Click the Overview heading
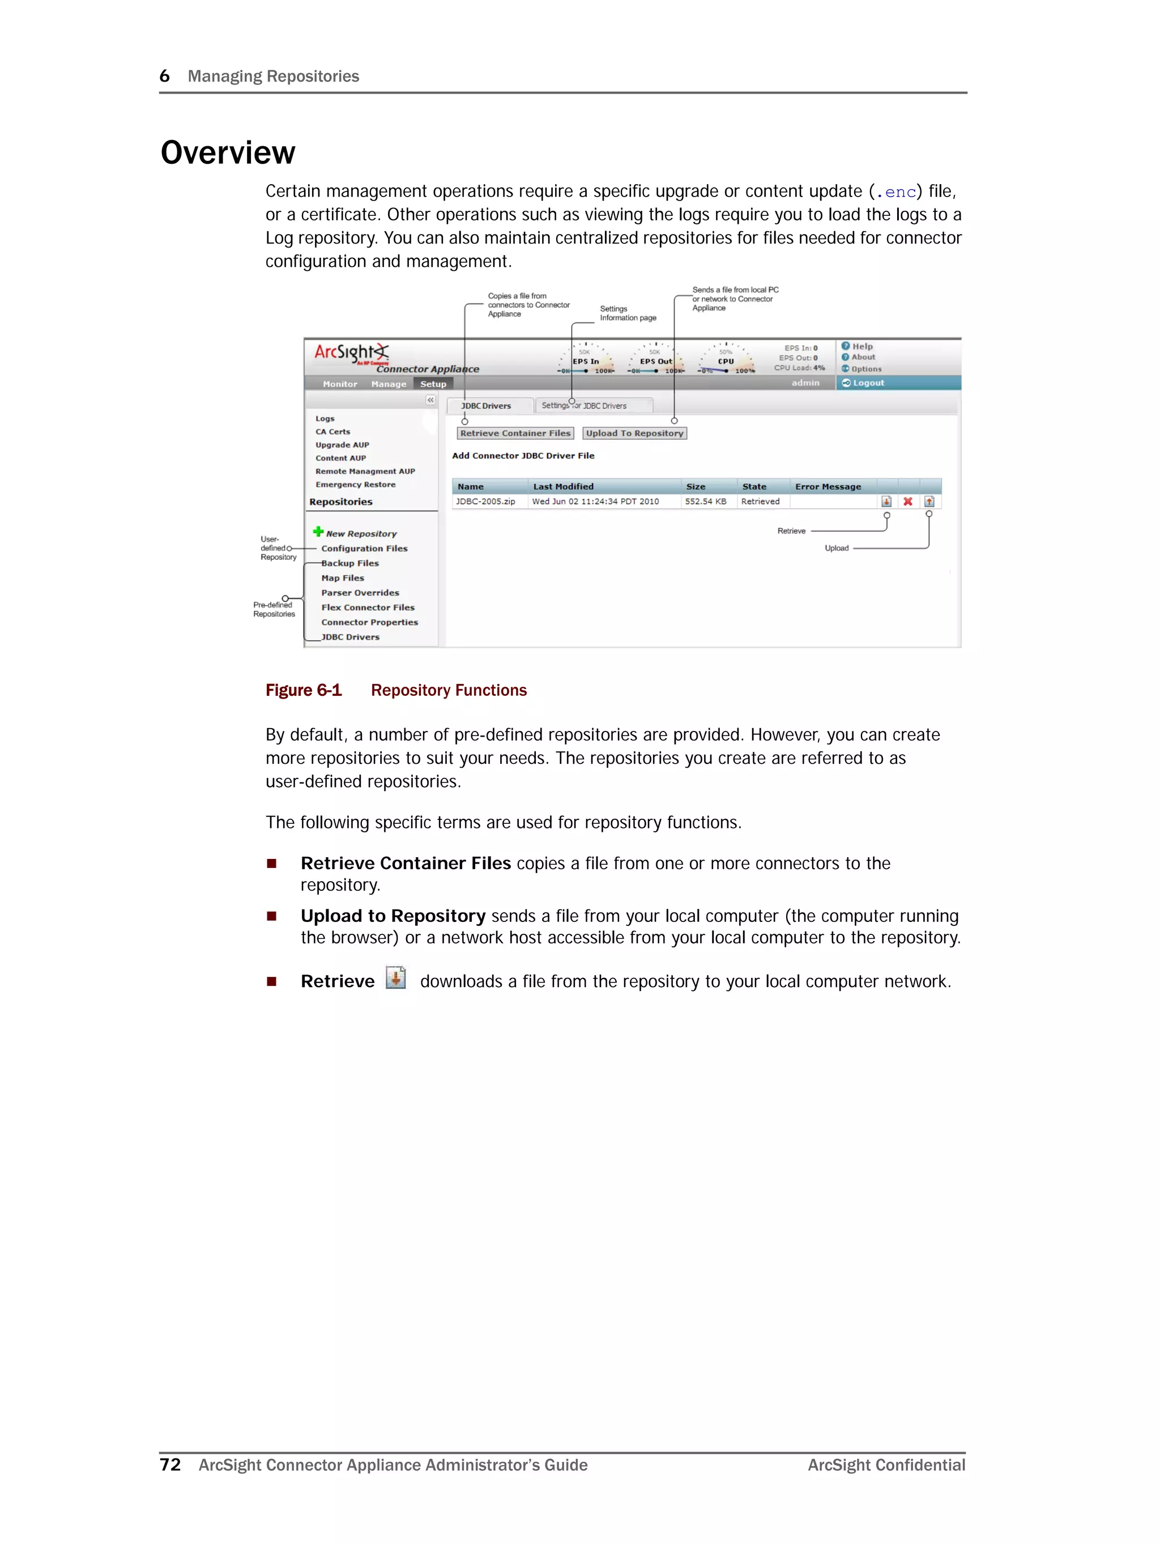[228, 153]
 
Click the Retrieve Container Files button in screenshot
[515, 433]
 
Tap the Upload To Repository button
[634, 433]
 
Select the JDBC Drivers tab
[487, 406]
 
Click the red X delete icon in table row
[907, 502]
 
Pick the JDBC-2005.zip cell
[486, 502]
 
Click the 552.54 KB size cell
[706, 502]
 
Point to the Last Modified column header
[563, 487]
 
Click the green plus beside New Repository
[318, 532]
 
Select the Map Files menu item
[343, 578]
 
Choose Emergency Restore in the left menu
[355, 484]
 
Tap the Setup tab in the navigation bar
[433, 384]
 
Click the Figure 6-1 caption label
[304, 690]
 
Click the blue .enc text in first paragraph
[899, 192]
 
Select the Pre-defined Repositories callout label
[274, 609]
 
